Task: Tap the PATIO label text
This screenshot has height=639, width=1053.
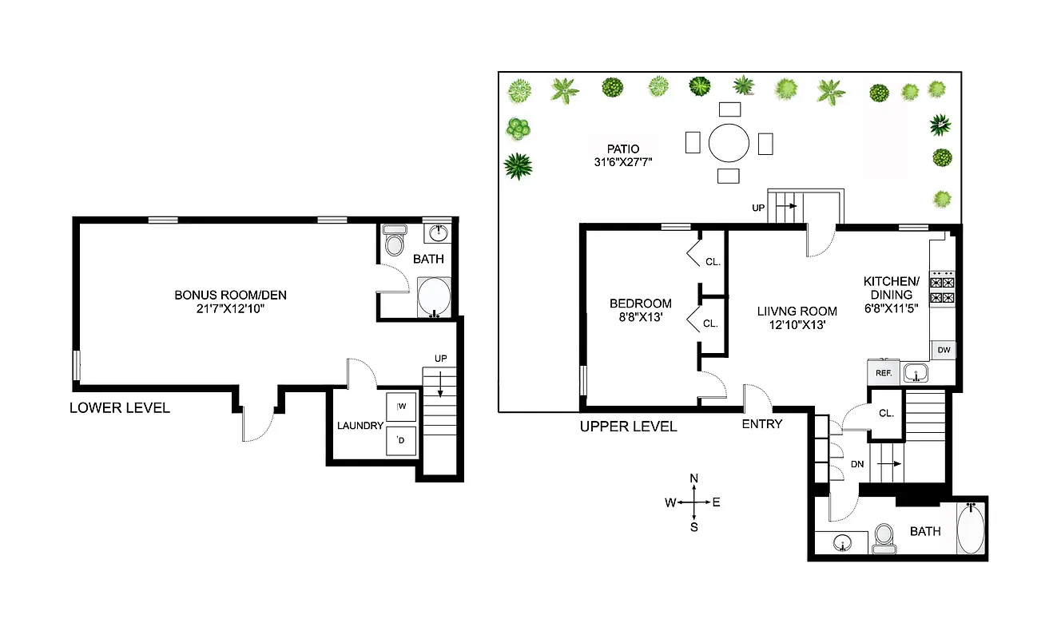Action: tap(623, 149)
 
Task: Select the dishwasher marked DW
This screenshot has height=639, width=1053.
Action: tap(944, 350)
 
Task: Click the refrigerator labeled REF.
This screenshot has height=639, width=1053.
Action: tap(884, 372)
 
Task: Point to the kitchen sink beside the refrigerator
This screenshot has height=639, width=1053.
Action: tap(916, 372)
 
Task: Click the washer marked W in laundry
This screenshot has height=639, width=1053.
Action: tap(401, 407)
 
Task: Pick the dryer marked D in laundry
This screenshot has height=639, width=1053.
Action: tap(401, 440)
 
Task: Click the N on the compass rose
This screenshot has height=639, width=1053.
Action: tap(693, 478)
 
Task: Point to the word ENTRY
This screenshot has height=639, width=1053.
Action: tap(761, 424)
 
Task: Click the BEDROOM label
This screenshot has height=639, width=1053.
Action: tap(640, 304)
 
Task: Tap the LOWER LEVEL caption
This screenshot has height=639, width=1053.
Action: tap(120, 408)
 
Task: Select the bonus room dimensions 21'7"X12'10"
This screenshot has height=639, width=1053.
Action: tap(230, 308)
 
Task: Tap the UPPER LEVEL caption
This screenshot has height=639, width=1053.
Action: tap(628, 427)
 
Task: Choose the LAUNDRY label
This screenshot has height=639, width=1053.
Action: tap(360, 426)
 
